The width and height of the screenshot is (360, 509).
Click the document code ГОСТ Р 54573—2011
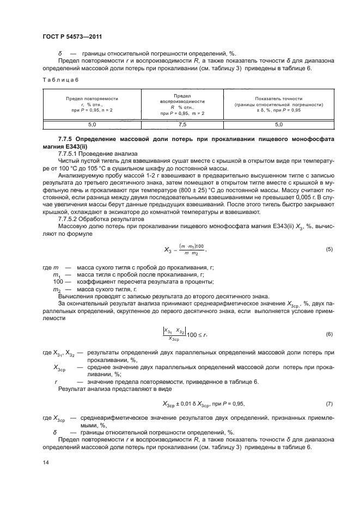72,37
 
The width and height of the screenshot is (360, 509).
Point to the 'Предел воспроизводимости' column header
181,103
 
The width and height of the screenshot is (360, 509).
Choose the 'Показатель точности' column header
278,103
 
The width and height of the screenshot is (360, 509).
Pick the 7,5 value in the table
181,124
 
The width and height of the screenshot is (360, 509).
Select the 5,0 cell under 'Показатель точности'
278,124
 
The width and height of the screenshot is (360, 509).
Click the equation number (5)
328,249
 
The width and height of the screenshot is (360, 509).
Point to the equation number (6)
328,333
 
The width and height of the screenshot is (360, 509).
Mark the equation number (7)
328,403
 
